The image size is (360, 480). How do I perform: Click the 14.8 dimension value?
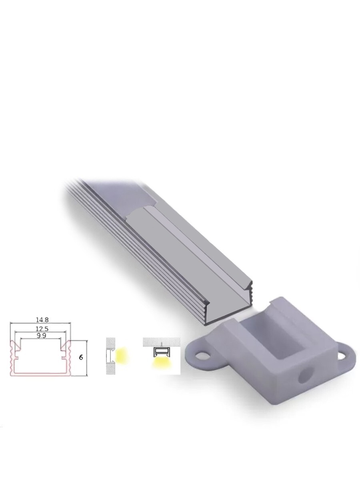(x=42, y=320)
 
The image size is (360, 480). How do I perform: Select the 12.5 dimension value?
(x=42, y=329)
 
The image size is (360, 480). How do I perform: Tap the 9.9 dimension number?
(x=41, y=336)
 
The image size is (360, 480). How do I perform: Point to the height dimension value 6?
(x=81, y=358)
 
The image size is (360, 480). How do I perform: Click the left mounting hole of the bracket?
(x=202, y=358)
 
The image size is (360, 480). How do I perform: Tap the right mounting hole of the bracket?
(x=342, y=356)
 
